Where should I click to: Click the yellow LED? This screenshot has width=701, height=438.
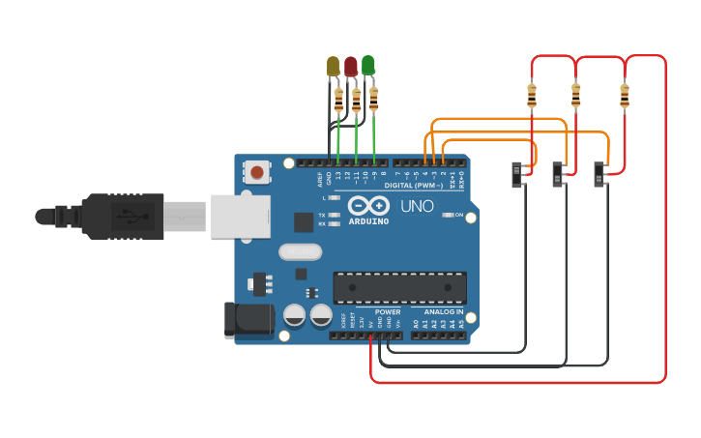click(x=334, y=66)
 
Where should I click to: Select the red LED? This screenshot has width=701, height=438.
click(x=351, y=66)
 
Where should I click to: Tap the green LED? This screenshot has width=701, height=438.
click(x=368, y=65)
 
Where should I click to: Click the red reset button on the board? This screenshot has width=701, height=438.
click(x=256, y=173)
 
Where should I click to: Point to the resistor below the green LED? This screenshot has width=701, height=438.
click(x=374, y=97)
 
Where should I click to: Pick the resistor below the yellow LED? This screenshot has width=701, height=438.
click(x=338, y=100)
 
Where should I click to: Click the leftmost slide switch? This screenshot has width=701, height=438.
click(x=520, y=174)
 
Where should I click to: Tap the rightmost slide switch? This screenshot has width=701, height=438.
click(x=601, y=174)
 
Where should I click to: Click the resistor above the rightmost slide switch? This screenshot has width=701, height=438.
click(x=624, y=96)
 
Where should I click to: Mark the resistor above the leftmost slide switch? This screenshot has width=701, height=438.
click(x=532, y=96)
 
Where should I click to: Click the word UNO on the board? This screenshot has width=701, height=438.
click(x=417, y=206)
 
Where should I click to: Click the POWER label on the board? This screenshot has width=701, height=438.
click(x=388, y=312)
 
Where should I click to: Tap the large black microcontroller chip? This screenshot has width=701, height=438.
click(x=400, y=286)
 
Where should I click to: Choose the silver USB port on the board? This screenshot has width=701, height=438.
click(x=238, y=215)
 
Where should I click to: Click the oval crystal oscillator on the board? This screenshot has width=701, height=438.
click(x=299, y=252)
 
